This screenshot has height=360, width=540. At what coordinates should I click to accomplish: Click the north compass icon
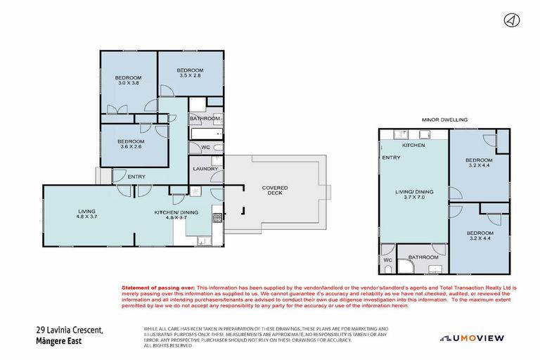511,20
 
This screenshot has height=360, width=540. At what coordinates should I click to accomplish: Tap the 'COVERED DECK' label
275,191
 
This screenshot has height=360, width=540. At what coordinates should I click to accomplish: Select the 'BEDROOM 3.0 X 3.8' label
129,80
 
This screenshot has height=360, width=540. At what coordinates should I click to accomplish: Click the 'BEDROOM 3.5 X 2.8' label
190,73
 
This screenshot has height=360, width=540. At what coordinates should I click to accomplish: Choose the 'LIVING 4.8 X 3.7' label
87,214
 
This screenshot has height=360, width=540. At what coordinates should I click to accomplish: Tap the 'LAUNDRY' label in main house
205,169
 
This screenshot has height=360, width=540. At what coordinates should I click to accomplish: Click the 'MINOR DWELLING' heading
444,120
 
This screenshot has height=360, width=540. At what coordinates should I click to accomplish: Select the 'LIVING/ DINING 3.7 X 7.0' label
413,195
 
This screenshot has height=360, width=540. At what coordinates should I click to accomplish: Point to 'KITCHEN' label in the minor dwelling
413,145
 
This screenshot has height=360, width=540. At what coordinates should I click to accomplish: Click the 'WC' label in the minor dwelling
387,260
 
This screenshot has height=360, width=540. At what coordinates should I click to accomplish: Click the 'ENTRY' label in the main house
137,176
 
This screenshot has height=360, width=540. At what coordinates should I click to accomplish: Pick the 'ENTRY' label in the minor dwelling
391,157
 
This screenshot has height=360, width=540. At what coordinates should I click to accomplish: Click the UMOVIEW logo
472,338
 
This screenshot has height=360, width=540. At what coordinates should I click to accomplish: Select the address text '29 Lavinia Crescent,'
70,330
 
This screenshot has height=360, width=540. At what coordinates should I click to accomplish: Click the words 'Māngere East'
58,341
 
